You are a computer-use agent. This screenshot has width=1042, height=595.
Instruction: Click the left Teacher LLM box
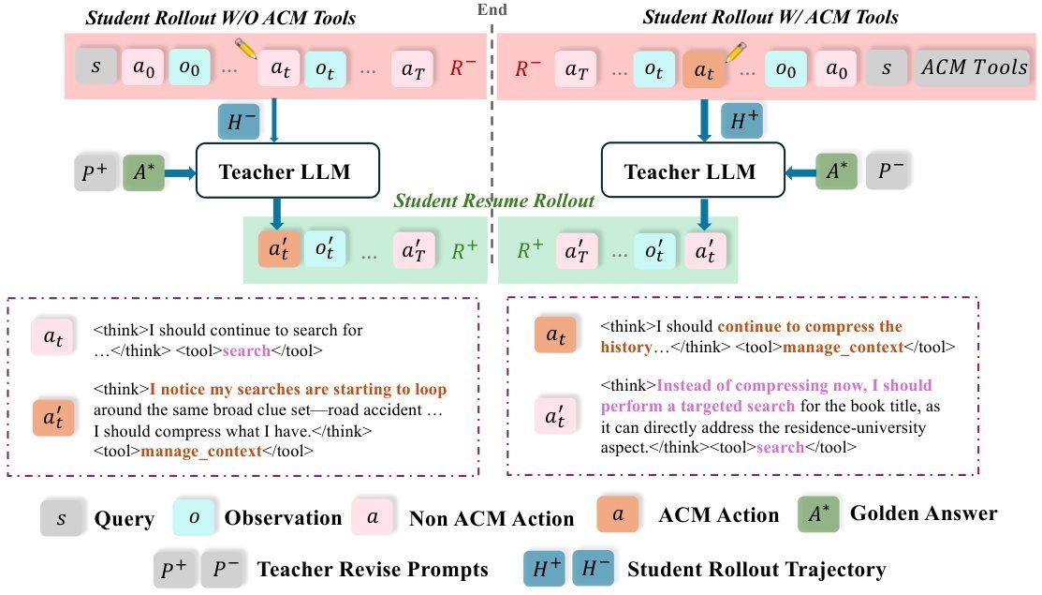pyautogui.click(x=287, y=171)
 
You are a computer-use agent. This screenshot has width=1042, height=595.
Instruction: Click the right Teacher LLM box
pyautogui.click(x=693, y=171)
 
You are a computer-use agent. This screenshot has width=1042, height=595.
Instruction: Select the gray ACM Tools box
pyautogui.click(x=975, y=67)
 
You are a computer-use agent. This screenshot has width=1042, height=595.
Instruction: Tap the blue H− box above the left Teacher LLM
pyautogui.click(x=239, y=121)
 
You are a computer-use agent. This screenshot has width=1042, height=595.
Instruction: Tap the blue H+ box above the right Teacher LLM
pyautogui.click(x=741, y=120)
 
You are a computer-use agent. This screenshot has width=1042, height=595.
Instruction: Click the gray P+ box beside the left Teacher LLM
pyautogui.click(x=95, y=171)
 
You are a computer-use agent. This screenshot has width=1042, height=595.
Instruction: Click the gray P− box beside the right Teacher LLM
pyautogui.click(x=888, y=171)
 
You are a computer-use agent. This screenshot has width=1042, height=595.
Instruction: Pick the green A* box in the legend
pyautogui.click(x=818, y=514)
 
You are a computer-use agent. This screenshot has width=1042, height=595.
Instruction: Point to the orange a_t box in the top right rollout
pyautogui.click(x=704, y=69)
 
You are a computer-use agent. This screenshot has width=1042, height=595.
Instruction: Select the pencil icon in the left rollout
pyautogui.click(x=246, y=49)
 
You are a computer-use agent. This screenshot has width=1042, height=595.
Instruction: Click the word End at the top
pyautogui.click(x=492, y=9)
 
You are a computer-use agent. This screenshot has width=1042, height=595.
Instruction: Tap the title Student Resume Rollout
pyautogui.click(x=493, y=201)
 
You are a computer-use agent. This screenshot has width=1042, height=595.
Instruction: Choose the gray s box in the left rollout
pyautogui.click(x=96, y=67)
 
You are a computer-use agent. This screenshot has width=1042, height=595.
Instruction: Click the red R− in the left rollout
pyautogui.click(x=462, y=67)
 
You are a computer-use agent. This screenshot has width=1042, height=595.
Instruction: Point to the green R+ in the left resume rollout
pyautogui.click(x=464, y=250)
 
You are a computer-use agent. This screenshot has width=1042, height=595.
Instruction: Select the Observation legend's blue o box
pyautogui.click(x=194, y=517)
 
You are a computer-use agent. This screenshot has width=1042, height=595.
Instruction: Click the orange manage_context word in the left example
pyautogui.click(x=200, y=452)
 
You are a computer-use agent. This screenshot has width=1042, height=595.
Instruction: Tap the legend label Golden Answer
pyautogui.click(x=924, y=513)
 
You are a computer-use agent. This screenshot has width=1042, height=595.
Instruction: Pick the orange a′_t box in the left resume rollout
pyautogui.click(x=279, y=249)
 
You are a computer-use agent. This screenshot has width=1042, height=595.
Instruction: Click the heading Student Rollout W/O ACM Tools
pyautogui.click(x=221, y=18)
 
